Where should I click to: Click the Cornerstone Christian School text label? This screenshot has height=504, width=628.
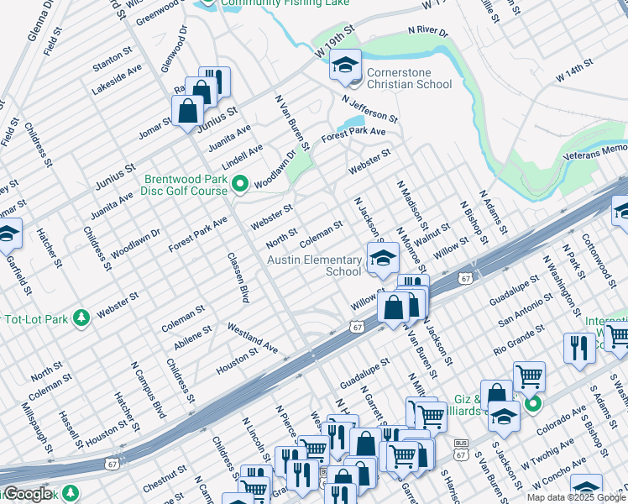409,77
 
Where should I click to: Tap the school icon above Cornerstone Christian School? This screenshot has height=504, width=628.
344,65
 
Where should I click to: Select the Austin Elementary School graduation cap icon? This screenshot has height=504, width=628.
382,257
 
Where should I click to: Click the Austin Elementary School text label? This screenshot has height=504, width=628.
314,265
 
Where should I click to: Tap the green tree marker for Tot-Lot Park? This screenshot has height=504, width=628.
81,318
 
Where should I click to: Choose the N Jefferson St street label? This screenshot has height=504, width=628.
369,108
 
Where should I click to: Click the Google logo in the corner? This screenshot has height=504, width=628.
27,494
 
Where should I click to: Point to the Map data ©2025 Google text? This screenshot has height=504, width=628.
576,497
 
